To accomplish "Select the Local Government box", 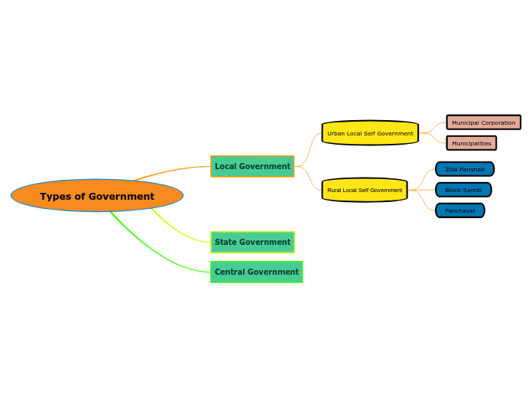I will tap(252, 166).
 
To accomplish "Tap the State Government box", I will tap(252, 242).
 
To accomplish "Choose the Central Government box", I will tap(256, 272).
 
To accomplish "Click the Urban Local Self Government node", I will tap(370, 133).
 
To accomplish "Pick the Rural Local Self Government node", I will tap(365, 190).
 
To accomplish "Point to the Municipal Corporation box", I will tap(483, 122).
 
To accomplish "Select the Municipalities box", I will tap(471, 143).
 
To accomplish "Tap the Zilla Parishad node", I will tap(465, 169).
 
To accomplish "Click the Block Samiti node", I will tap(463, 190).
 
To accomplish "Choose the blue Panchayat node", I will tap(459, 210).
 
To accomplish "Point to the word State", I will tap(227, 242).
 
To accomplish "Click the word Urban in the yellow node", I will tap(336, 133).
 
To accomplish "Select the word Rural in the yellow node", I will tap(334, 190).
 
